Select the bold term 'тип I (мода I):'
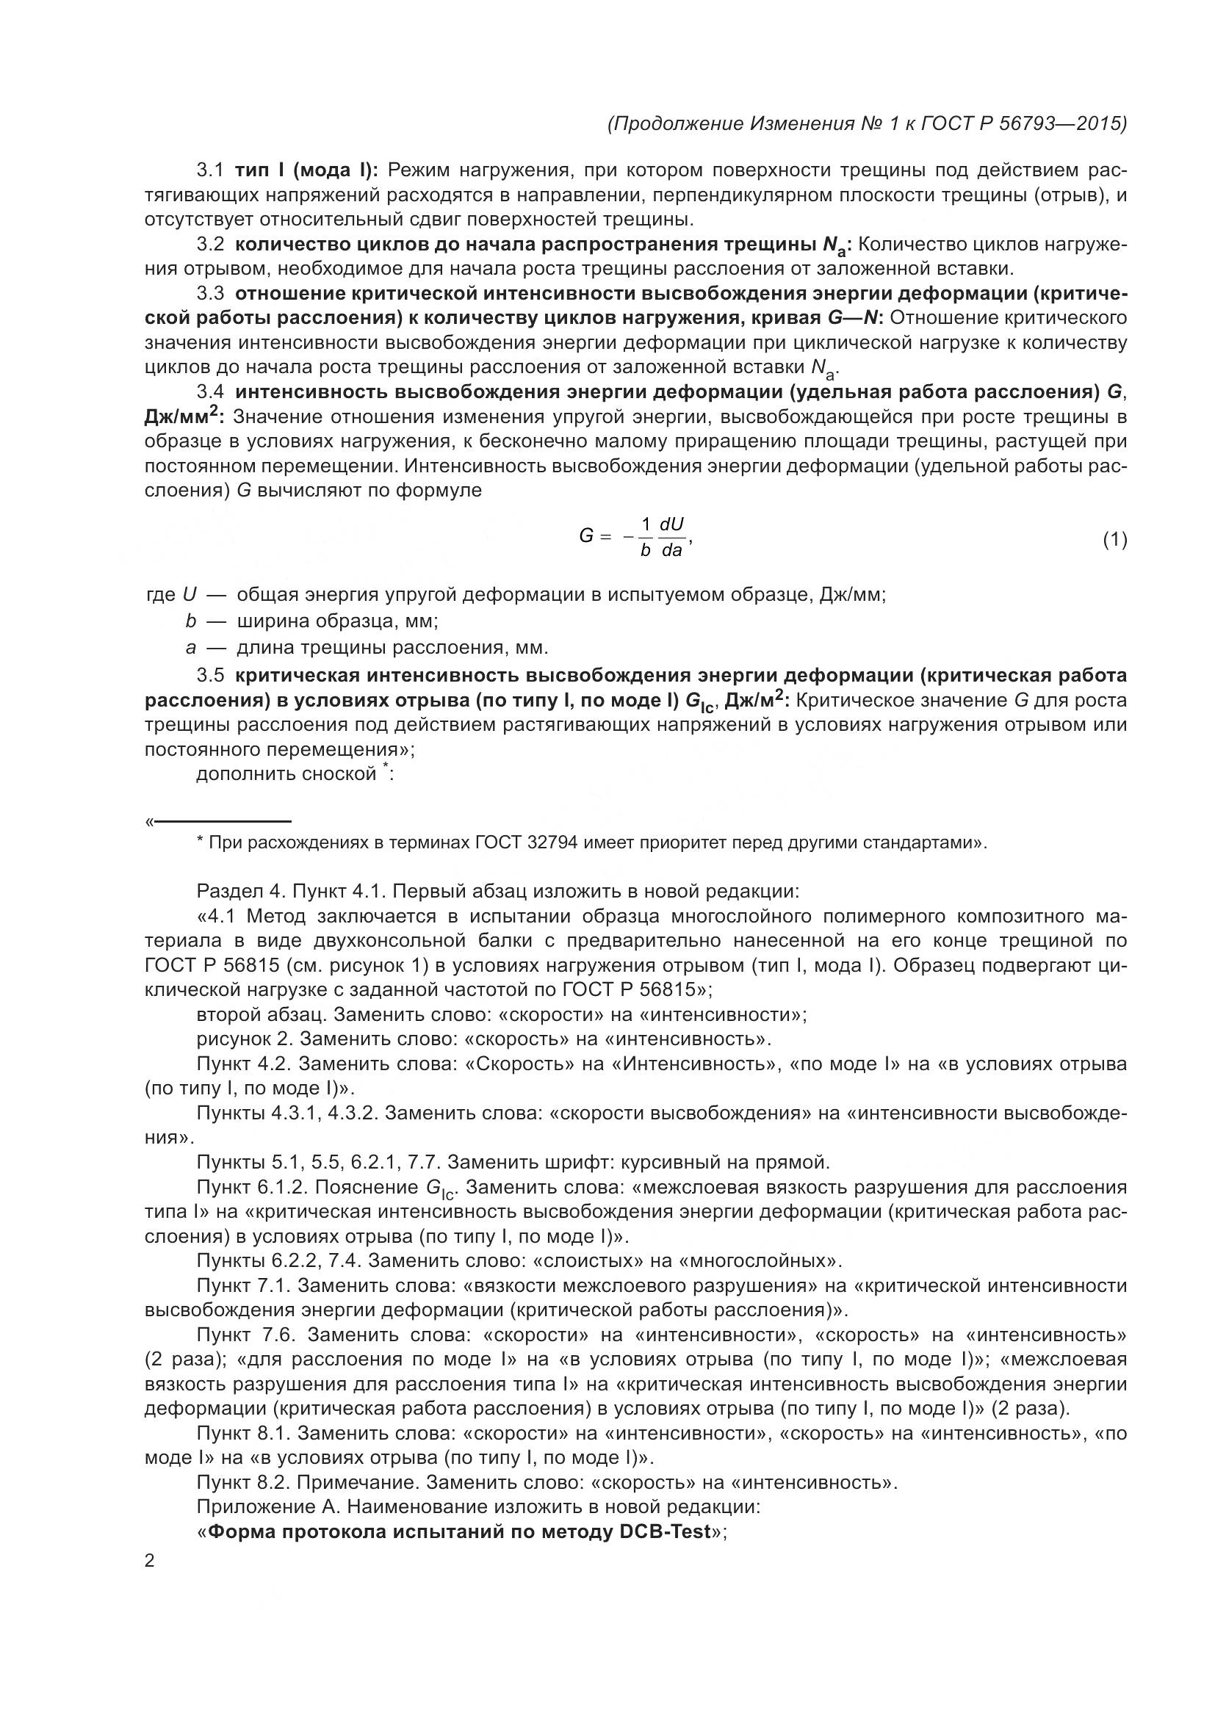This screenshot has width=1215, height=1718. pos(307,170)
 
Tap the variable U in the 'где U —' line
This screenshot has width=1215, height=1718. pos(190,596)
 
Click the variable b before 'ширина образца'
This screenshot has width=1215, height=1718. pos(191,621)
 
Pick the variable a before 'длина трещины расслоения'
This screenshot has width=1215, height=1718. pos(191,647)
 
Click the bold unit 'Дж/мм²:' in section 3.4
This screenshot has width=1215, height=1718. pos(184,416)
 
